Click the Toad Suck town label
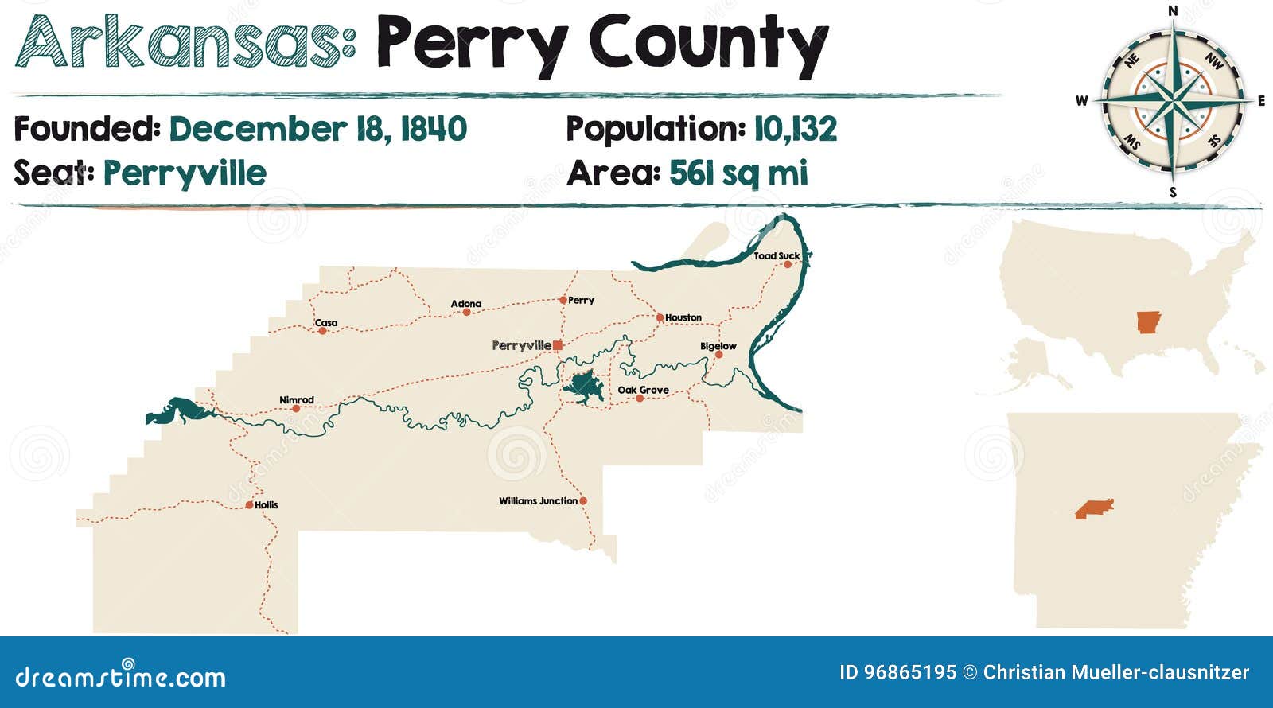[x=777, y=255]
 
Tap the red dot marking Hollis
[x=249, y=505]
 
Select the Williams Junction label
[x=538, y=501]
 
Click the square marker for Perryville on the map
[x=558, y=345]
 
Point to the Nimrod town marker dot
[x=296, y=409]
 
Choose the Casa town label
[x=326, y=322]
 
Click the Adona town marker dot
[x=467, y=312]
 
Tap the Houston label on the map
[x=683, y=317]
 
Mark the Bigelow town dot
[x=718, y=355]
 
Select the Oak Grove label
[x=643, y=390]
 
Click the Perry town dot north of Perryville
[x=563, y=300]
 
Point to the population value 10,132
[x=795, y=129]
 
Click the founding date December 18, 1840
[x=317, y=129]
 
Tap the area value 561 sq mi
[x=738, y=173]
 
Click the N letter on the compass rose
[x=1172, y=11]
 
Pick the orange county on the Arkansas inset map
[x=1094, y=509]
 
